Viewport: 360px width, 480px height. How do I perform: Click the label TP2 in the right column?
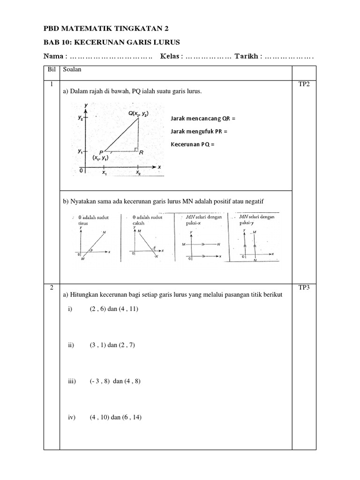pyautogui.click(x=304, y=84)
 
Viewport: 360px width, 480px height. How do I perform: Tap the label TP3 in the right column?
pyautogui.click(x=304, y=288)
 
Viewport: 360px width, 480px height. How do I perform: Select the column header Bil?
pyautogui.click(x=51, y=70)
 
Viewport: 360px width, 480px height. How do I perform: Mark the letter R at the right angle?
pyautogui.click(x=141, y=152)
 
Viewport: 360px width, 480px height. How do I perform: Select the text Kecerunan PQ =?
pyautogui.click(x=192, y=144)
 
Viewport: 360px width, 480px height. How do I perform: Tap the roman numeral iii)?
pyautogui.click(x=72, y=381)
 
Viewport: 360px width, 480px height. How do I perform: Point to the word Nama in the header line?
pyautogui.click(x=53, y=56)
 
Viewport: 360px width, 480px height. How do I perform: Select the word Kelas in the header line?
pyautogui.click(x=170, y=56)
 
